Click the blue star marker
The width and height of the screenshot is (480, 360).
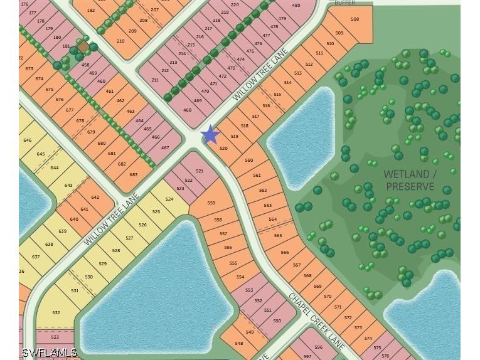coord(210,134)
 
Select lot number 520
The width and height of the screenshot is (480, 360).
coord(223,149)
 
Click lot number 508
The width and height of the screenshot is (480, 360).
coord(355,19)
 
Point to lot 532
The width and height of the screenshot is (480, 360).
coord(56,312)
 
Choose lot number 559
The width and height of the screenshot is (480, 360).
coord(211,203)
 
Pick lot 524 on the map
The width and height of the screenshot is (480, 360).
coord(169,199)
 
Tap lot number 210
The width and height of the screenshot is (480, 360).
coord(120,41)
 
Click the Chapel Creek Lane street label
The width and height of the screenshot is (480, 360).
coord(316,320)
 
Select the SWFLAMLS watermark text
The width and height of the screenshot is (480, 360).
coord(49,353)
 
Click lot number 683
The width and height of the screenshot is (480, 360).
coord(134,174)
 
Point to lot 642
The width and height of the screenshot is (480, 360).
coord(95,198)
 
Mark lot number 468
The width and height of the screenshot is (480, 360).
coord(187,110)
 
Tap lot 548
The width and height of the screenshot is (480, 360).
coord(238,343)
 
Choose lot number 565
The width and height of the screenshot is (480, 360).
coord(278,236)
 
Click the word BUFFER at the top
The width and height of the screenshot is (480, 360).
coord(344,3)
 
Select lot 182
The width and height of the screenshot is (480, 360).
coord(91,11)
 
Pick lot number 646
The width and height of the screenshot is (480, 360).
coord(27,140)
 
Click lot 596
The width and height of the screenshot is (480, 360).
coord(318,347)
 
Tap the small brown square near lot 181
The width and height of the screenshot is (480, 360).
coord(83,47)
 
